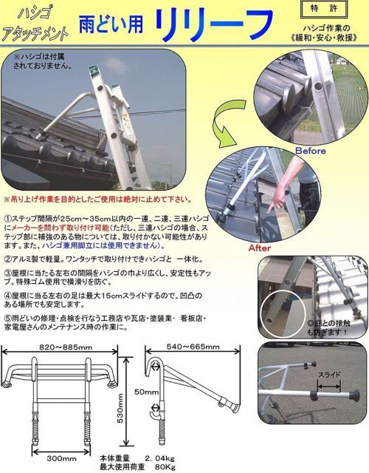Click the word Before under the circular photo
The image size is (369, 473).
pyautogui.click(x=309, y=151)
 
